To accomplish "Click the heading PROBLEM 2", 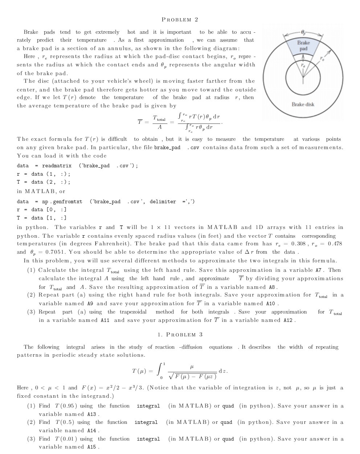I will [180, 20].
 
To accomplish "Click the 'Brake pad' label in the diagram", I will [303, 45].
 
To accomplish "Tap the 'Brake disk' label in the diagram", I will [303, 105].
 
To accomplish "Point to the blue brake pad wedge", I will [303, 51].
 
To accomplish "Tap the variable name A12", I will [290, 320].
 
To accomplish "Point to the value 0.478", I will [333, 244].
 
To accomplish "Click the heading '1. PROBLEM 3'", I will [180, 335].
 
